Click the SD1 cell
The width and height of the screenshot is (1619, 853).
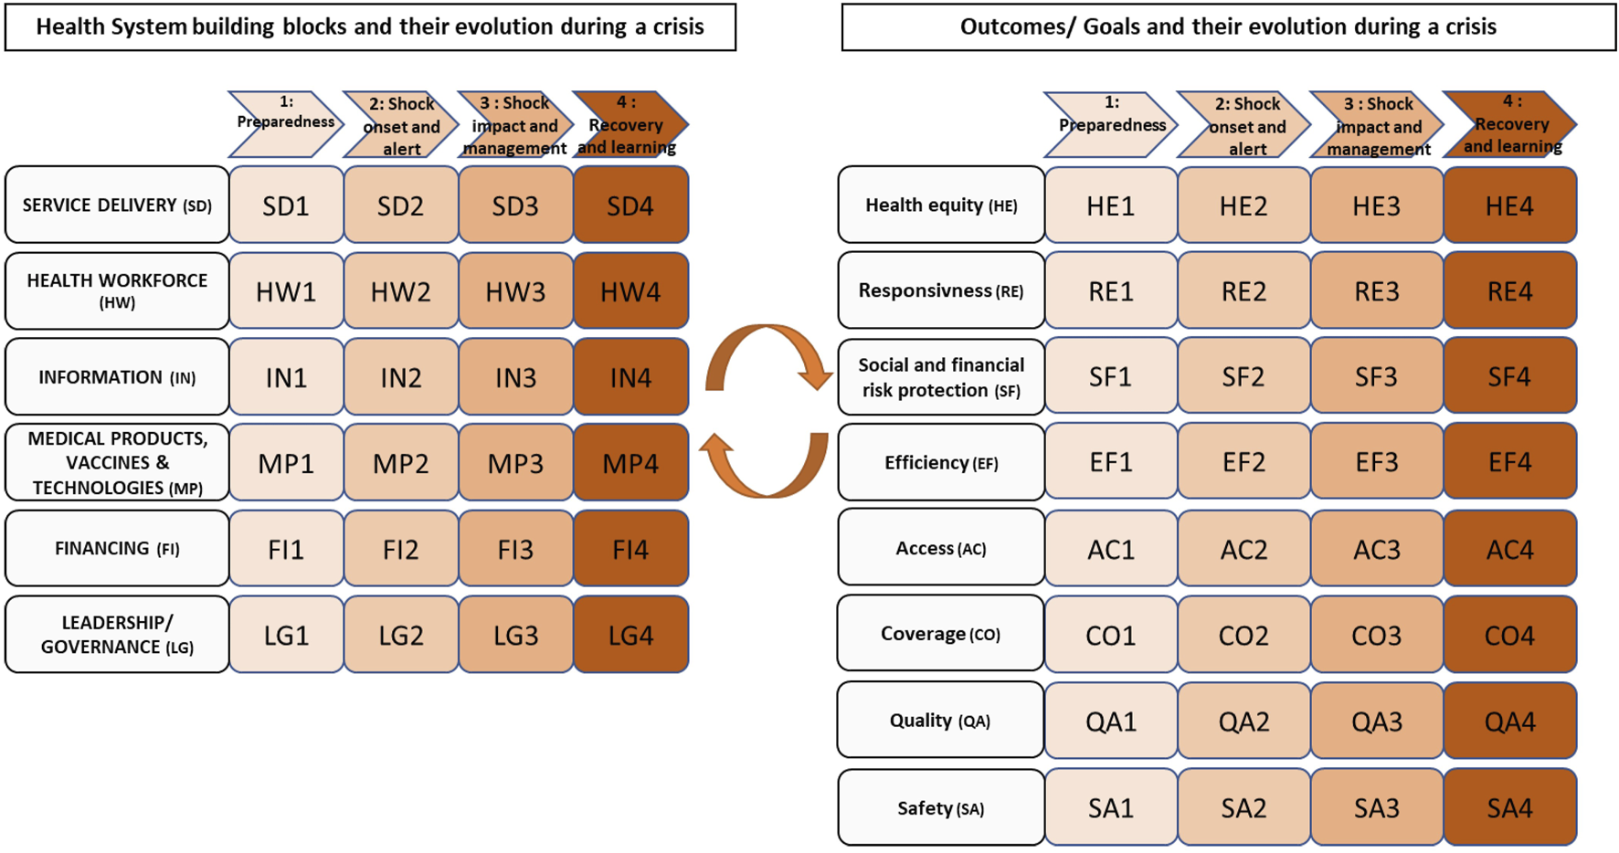[x=286, y=205]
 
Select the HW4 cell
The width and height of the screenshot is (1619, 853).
[x=630, y=291]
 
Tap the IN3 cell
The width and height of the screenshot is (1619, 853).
[x=515, y=377]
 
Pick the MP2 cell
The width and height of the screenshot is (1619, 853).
[x=400, y=463]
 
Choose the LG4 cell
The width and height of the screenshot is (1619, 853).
[x=630, y=635]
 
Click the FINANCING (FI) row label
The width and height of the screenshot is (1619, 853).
[x=117, y=548]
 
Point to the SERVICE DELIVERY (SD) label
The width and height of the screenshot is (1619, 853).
[x=117, y=205]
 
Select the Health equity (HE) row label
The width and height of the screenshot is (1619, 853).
[x=941, y=205]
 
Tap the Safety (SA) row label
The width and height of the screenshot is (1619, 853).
[x=941, y=807]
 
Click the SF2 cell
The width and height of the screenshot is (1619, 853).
[x=1243, y=376]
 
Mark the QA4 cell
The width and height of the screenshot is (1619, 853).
[x=1509, y=721]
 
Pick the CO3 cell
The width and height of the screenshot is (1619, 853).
[x=1376, y=635]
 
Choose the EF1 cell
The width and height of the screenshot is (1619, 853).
[x=1111, y=462]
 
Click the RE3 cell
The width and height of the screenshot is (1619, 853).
[x=1376, y=291]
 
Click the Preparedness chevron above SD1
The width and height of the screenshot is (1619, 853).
[x=285, y=122]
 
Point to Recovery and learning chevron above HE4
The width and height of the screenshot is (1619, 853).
[x=1509, y=124]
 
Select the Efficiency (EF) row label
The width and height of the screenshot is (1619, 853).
[x=941, y=462]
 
